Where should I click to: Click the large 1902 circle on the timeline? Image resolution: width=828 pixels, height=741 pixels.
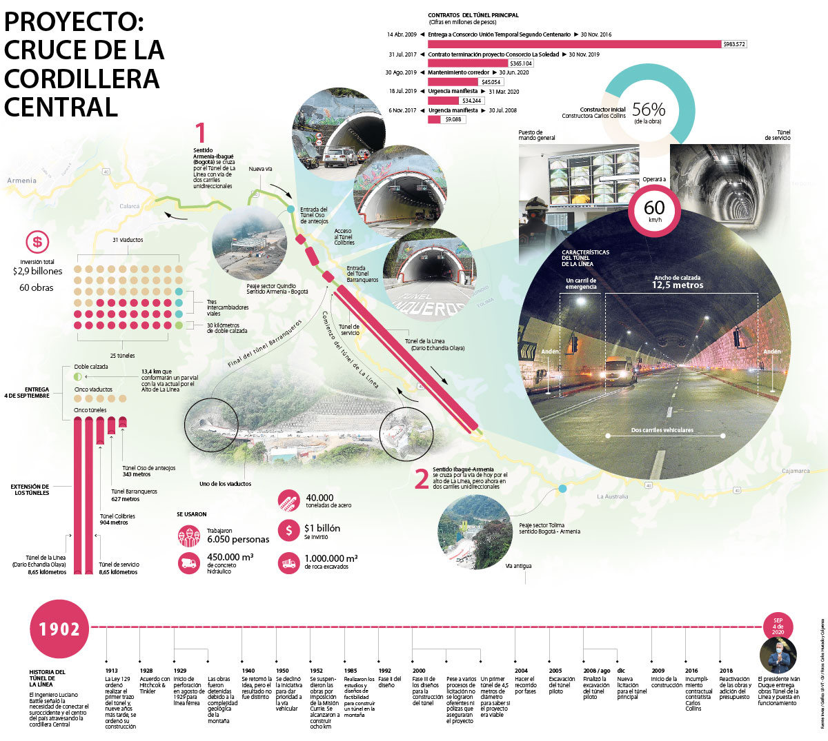click(59, 629)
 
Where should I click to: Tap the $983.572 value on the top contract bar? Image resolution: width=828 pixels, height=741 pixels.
click(733, 44)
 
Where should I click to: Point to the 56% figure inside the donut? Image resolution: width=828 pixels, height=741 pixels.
click(649, 110)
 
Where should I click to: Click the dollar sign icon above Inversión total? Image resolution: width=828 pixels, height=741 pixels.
click(37, 242)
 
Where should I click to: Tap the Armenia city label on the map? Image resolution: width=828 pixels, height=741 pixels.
click(21, 181)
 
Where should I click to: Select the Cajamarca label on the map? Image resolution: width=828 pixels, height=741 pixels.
click(795, 471)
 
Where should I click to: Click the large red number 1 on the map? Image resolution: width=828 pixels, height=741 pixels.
click(201, 132)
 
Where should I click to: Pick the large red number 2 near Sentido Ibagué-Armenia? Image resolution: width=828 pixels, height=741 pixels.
click(422, 479)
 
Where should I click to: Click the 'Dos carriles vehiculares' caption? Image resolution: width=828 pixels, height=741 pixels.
click(662, 430)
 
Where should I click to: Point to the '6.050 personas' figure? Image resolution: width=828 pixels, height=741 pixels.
click(238, 539)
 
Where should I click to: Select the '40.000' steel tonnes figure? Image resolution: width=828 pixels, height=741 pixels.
click(319, 498)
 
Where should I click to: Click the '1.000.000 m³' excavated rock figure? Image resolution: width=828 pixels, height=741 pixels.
click(331, 558)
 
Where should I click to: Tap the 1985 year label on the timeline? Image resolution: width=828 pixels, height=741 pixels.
click(351, 671)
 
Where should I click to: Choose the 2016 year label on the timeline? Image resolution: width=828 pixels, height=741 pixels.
click(691, 671)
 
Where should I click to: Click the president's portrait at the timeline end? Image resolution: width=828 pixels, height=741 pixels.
click(778, 655)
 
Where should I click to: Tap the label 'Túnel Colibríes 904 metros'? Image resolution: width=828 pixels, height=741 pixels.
click(117, 519)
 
